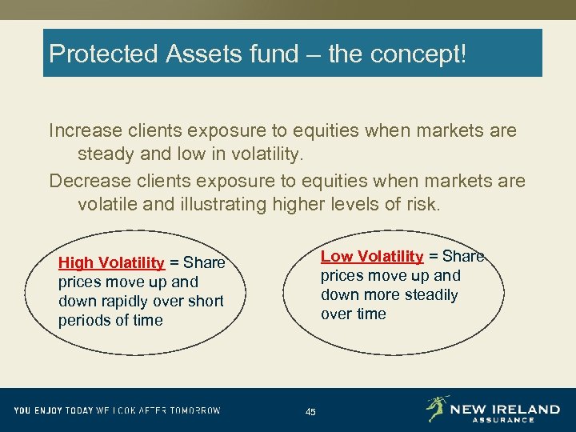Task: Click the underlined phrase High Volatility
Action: pyautogui.click(x=112, y=263)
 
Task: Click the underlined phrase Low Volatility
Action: pyautogui.click(x=372, y=257)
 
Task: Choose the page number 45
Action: pyautogui.click(x=310, y=412)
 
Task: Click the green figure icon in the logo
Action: pyautogui.click(x=437, y=409)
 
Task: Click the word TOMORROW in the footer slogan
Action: pyautogui.click(x=194, y=410)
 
